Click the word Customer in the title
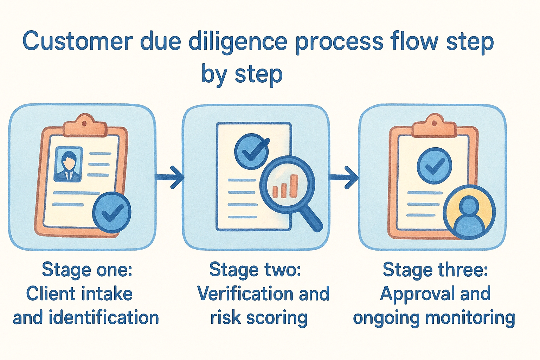(x=77, y=41)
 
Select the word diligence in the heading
(x=238, y=41)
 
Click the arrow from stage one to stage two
(x=171, y=177)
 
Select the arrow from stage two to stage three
(x=345, y=177)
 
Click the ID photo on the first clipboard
(x=69, y=164)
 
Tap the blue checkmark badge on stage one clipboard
(x=112, y=212)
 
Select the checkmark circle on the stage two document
(x=251, y=151)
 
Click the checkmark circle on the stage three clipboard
(x=435, y=166)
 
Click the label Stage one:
(x=87, y=270)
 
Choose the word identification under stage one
(x=104, y=318)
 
